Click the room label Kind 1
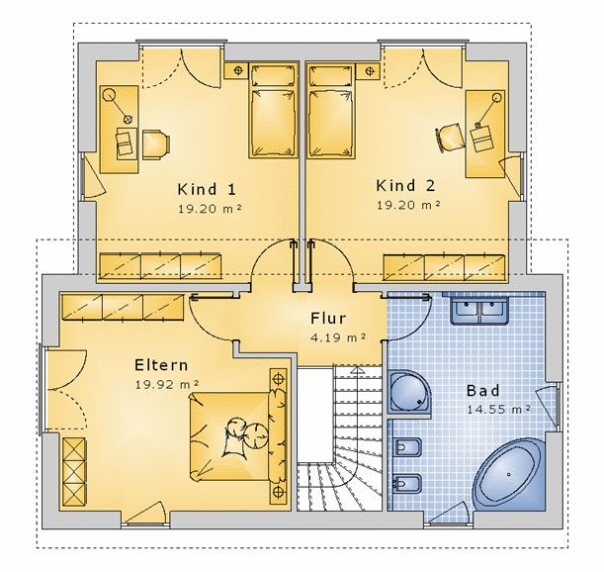pyautogui.click(x=207, y=190)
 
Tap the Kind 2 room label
pyautogui.click(x=405, y=186)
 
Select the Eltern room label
pyautogui.click(x=161, y=365)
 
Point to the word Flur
pyautogui.click(x=328, y=319)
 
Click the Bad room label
pyautogui.click(x=483, y=391)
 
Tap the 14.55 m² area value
pyautogui.click(x=499, y=410)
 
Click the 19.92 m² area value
pyautogui.click(x=167, y=385)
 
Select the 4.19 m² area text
pyautogui.click(x=338, y=337)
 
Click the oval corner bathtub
pyautogui.click(x=509, y=475)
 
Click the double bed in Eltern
pyautogui.click(x=238, y=435)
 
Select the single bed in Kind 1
pyautogui.click(x=274, y=111)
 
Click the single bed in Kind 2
pyautogui.click(x=331, y=111)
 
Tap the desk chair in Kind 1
pyautogui.click(x=156, y=144)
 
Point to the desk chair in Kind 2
pyautogui.click(x=449, y=138)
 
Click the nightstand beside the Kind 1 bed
pyautogui.click(x=235, y=70)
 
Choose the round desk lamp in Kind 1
pyautogui.click(x=110, y=94)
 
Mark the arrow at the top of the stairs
pyautogui.click(x=358, y=371)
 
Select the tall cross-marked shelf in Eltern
pyautogui.click(x=74, y=471)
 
